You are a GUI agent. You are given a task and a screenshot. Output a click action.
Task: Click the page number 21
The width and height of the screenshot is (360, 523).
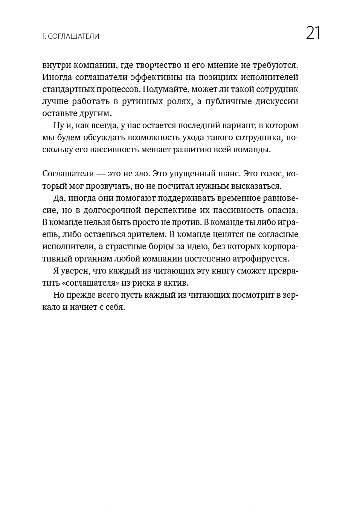313,33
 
